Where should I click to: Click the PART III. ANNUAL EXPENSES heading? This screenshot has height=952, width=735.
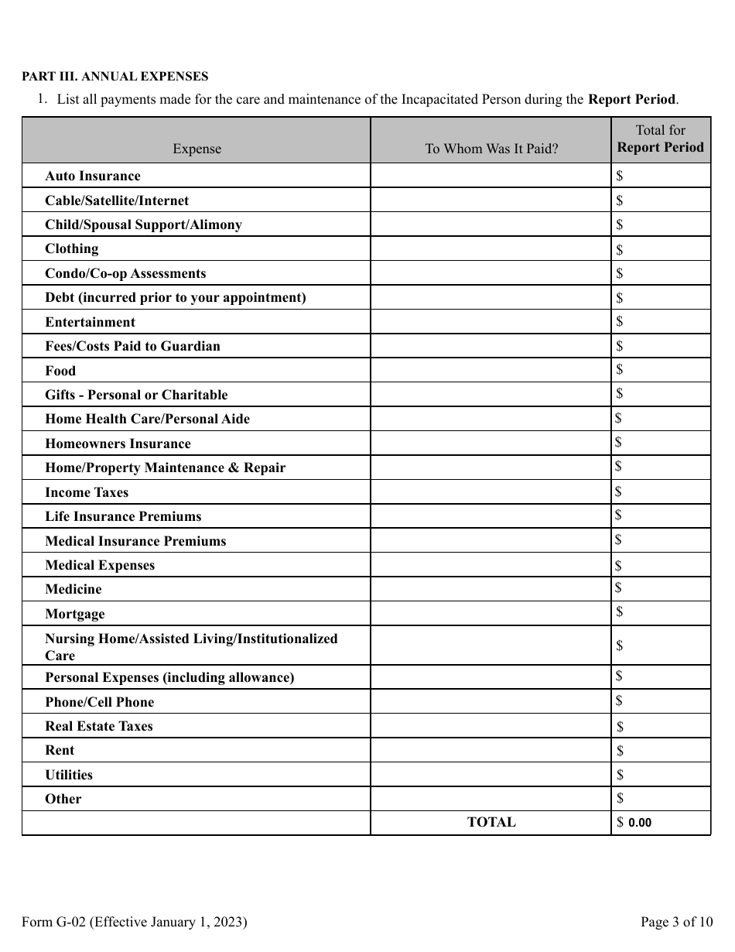pos(115,77)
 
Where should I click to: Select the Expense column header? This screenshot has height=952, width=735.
pos(197,149)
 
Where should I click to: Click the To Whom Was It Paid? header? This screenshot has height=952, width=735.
pos(491,149)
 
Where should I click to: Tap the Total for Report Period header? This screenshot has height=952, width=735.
pos(661,139)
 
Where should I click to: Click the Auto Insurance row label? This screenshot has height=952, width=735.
pos(93,176)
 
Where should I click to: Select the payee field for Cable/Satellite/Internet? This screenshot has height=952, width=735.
pos(491,200)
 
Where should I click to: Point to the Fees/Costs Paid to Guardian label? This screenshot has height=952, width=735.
pos(132,346)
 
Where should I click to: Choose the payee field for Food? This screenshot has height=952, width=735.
pos(491,370)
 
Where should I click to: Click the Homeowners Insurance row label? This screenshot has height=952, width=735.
pos(118,443)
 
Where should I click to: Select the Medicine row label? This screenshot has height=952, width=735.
pos(73,589)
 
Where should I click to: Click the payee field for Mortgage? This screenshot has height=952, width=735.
pos(491,614)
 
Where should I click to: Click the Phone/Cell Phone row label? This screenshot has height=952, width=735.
pos(100,702)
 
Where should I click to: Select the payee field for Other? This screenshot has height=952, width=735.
pos(491,799)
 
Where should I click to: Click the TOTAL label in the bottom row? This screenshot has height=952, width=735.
pos(491,823)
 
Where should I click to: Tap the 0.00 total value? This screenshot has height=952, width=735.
pos(640,823)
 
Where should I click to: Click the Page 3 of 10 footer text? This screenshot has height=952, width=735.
pos(676,922)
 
